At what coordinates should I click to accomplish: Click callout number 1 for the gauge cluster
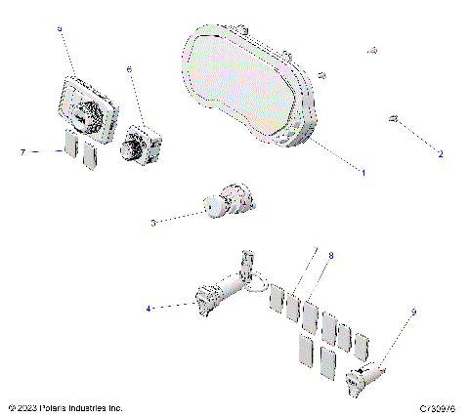tap(364, 173)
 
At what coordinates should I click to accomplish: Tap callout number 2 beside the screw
tap(440, 153)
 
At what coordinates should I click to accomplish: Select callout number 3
tap(153, 223)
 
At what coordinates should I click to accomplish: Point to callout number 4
tap(149, 308)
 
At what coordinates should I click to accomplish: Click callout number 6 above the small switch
tap(129, 69)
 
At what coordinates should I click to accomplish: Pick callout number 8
tap(331, 256)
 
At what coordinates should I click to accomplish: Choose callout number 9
tap(412, 313)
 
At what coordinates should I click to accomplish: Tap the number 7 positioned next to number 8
tap(315, 251)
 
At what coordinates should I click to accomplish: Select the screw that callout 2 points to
tap(393, 119)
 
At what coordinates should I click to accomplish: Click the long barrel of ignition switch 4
tap(228, 290)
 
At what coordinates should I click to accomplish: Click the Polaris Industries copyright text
tap(64, 407)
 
